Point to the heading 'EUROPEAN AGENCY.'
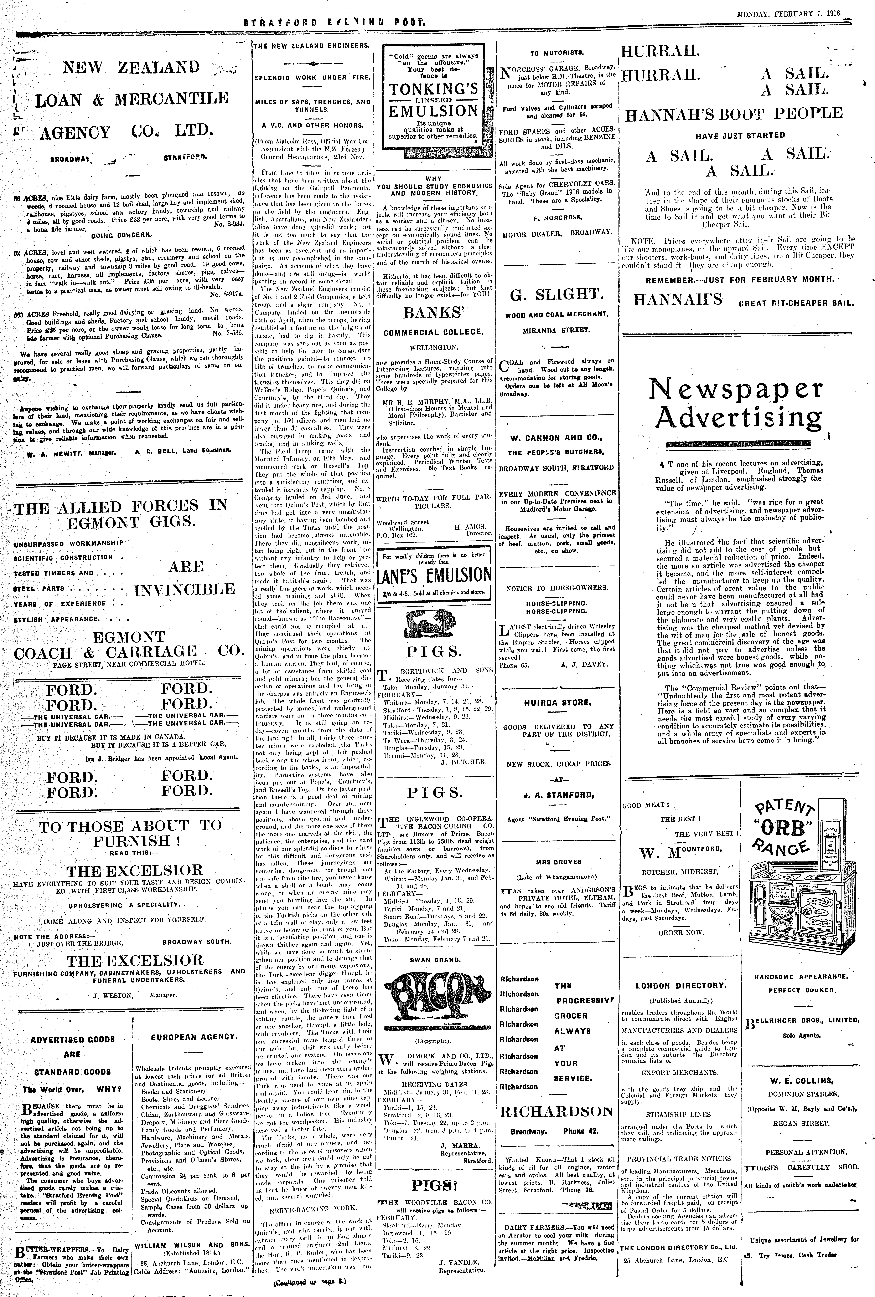coord(192,1036)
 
